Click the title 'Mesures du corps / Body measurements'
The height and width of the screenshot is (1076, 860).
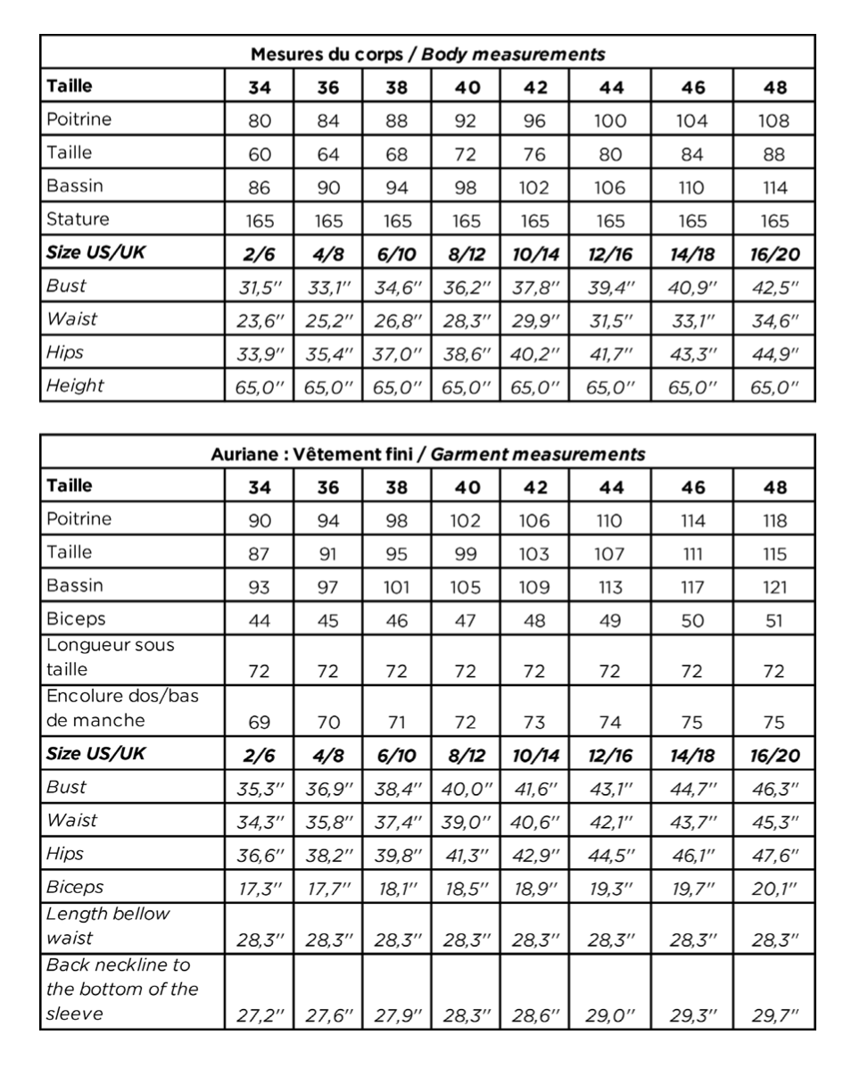427,54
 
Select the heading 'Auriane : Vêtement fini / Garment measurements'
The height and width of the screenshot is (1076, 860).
427,453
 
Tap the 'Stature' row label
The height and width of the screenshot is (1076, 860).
78,219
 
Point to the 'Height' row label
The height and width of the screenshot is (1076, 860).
75,385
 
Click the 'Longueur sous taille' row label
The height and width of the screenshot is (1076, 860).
110,657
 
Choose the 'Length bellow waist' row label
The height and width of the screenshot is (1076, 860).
108,926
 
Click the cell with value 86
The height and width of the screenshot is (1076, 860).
260,187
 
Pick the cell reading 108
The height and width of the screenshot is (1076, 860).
774,120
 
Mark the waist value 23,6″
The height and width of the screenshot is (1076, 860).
260,319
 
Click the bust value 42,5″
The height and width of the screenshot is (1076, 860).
774,287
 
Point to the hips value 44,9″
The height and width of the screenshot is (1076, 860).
774,353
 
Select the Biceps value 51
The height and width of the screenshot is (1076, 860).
774,621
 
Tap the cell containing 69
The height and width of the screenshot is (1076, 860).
260,721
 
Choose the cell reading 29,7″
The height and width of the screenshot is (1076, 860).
774,1015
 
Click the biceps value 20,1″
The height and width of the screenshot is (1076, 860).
774,888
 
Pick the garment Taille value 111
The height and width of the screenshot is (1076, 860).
692,554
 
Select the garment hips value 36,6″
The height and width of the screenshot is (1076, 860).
260,854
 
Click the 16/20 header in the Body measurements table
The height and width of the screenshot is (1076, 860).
774,253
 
